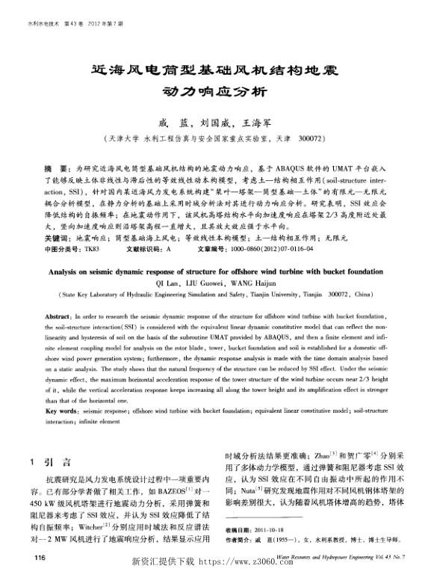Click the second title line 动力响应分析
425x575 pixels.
tap(214, 94)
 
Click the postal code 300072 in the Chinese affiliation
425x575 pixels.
tap(313, 140)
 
